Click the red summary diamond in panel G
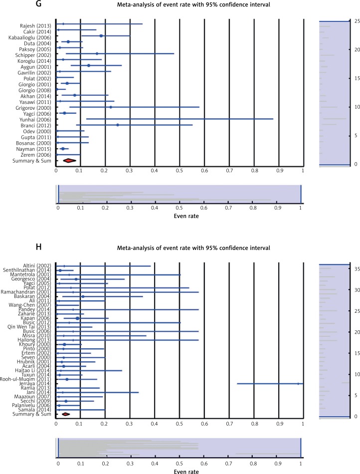[70, 160]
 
